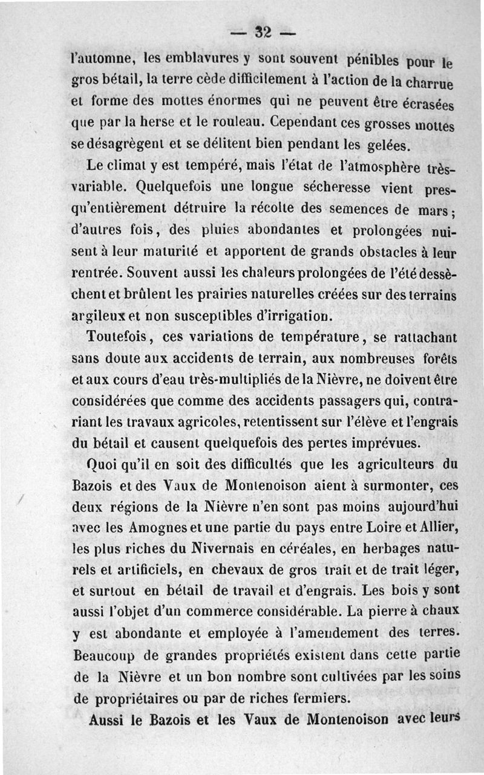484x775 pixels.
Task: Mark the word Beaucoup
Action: (x=106, y=655)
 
